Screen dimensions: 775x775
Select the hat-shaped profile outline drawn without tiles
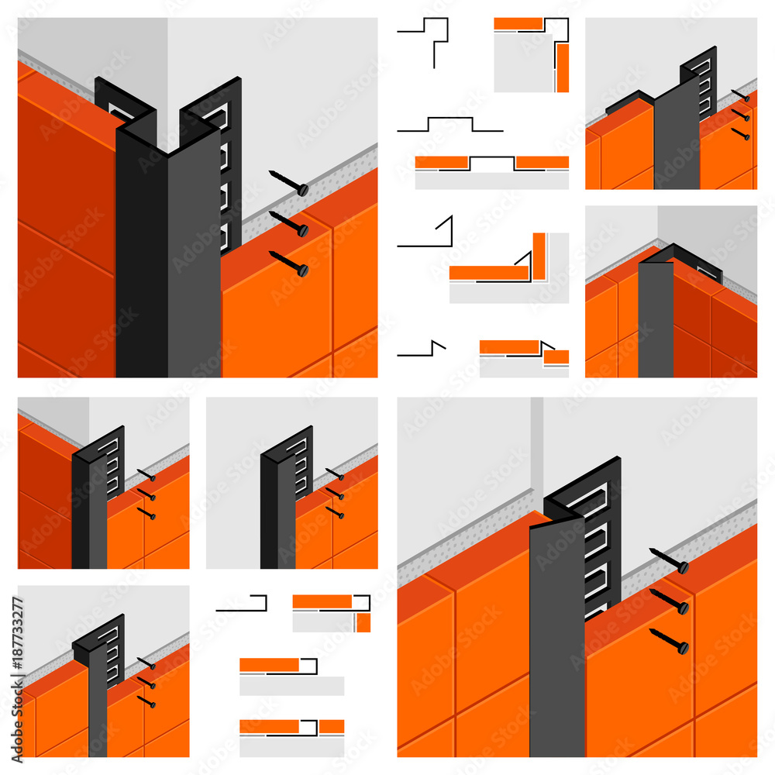(x=450, y=124)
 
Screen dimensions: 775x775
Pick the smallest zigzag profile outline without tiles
(x=422, y=349)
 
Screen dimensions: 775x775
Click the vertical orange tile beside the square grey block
(x=562, y=67)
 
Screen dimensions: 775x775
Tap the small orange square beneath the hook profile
(x=363, y=622)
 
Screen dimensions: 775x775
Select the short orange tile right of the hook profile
(x=332, y=726)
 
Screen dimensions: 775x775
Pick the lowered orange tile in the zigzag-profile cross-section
(x=556, y=357)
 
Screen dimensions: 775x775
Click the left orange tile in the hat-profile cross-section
(x=442, y=162)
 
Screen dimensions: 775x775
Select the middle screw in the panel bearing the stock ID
(x=146, y=682)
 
